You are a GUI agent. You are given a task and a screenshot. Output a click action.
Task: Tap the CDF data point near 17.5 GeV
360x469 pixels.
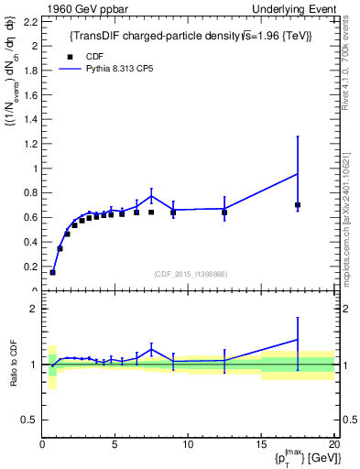coord(298,205)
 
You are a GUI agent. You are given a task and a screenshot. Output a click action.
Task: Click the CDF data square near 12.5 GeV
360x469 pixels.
coord(224,213)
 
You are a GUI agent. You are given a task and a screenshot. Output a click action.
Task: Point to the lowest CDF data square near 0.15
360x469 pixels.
coord(52,272)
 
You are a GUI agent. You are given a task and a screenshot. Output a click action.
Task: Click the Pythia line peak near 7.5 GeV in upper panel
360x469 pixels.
coord(151,196)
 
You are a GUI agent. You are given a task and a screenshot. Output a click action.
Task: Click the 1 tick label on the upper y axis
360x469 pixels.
coord(34,169)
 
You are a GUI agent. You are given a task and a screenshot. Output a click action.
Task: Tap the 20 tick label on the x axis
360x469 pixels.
coord(333,444)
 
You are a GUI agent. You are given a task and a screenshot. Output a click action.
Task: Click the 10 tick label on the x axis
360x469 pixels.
coord(188,444)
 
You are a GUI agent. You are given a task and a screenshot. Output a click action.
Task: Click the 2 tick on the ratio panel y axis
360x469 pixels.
coord(34,310)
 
